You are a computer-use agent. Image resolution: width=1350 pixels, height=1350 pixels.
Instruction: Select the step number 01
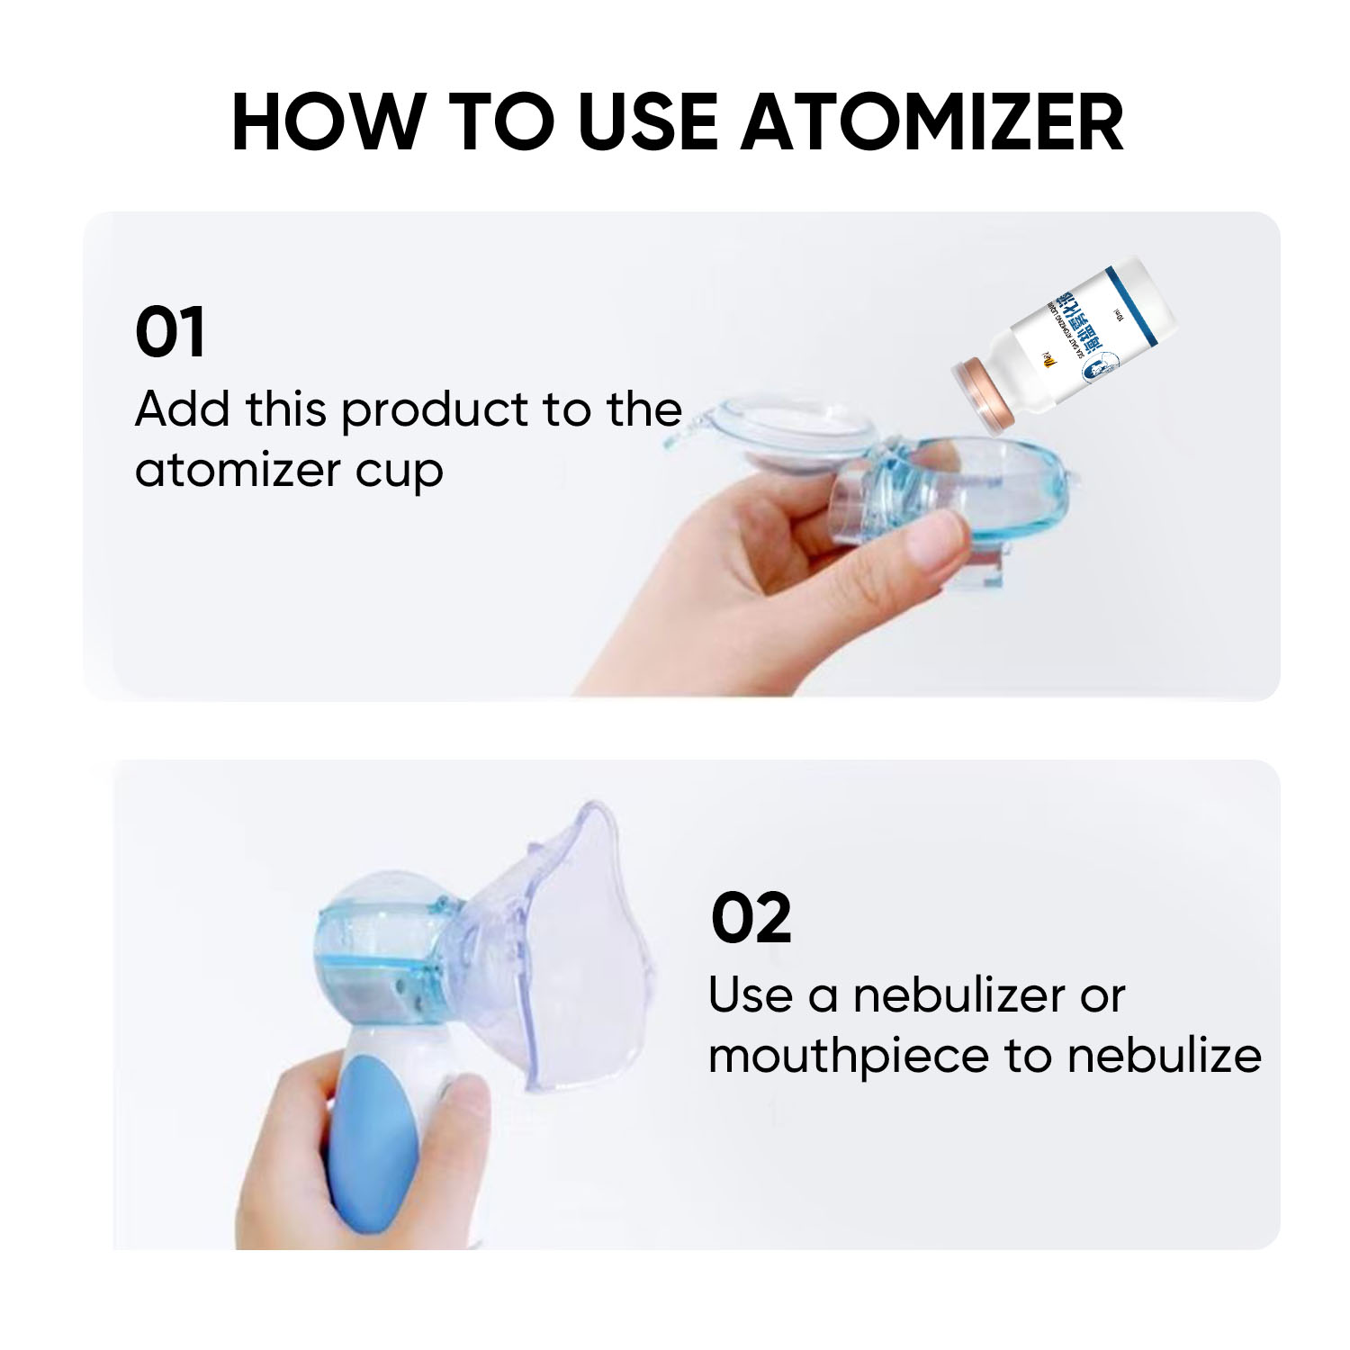(170, 333)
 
